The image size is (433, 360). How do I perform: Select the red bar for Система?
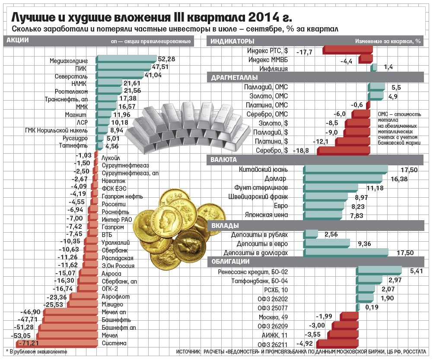click(56, 344)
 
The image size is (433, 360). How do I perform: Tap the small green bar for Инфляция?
click(374, 67)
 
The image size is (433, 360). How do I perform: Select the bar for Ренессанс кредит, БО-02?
click(379, 271)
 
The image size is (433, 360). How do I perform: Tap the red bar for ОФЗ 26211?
click(337, 344)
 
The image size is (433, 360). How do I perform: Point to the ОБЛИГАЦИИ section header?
click(229, 262)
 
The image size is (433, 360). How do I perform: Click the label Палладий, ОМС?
click(266, 87)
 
